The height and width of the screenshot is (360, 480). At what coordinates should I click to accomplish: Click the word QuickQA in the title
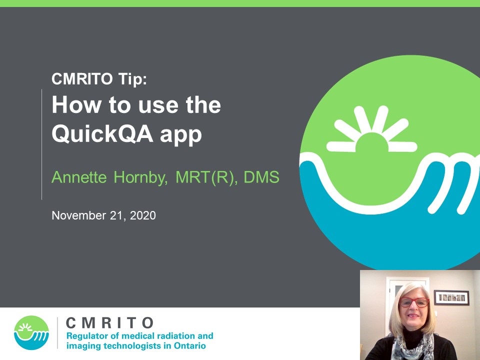[x=102, y=134]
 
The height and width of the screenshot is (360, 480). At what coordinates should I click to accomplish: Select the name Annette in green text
[x=79, y=177]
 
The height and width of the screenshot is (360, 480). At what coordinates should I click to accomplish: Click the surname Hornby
[x=140, y=177]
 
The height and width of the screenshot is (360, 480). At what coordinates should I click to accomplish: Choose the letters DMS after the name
[x=261, y=177]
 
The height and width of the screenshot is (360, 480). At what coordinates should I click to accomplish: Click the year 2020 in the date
[x=143, y=215]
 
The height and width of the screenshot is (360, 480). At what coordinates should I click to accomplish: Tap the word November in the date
[x=79, y=215]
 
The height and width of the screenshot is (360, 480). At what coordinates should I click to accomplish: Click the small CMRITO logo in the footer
[x=31, y=333]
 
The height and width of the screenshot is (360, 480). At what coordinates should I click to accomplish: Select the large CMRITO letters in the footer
[x=109, y=323]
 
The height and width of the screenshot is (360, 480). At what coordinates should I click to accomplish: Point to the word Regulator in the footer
[x=86, y=336]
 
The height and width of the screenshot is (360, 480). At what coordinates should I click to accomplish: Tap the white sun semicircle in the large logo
[x=371, y=142]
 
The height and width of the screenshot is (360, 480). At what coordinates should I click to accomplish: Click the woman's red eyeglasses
[x=414, y=302]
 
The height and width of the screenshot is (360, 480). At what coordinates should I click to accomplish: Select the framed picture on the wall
[x=451, y=297]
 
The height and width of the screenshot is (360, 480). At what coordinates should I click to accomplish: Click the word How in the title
[x=76, y=104]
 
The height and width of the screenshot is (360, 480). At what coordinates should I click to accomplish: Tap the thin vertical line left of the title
[x=41, y=144]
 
